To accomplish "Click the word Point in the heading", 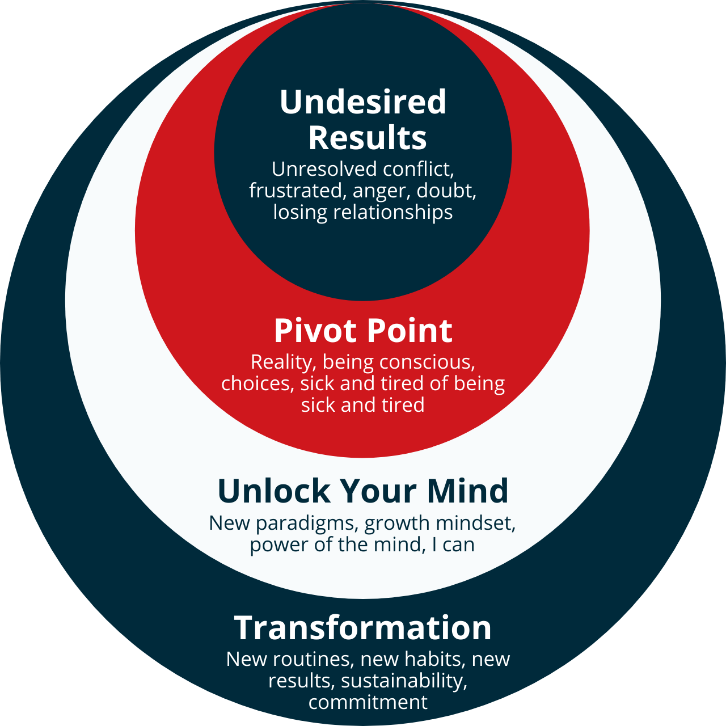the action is [x=410, y=331].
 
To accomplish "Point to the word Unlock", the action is [x=274, y=491].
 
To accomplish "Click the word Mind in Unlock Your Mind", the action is [x=467, y=491].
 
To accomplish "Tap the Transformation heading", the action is [x=363, y=628].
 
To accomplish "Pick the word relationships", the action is [x=393, y=212].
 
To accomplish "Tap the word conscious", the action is [x=427, y=362].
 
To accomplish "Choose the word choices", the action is [x=258, y=384].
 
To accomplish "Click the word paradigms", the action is [x=306, y=524].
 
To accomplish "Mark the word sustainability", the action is [x=404, y=681].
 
